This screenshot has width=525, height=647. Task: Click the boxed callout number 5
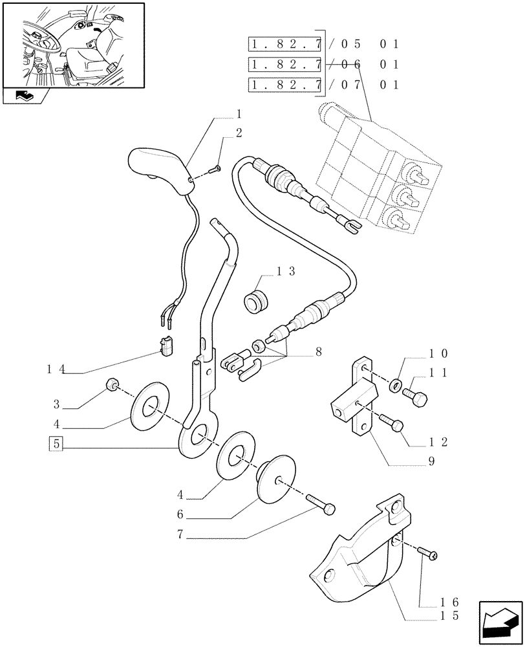click(x=56, y=444)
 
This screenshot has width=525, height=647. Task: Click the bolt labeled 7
click(x=321, y=505)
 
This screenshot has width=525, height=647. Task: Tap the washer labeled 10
click(x=394, y=387)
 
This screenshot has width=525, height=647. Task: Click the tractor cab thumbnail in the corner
click(x=73, y=45)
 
